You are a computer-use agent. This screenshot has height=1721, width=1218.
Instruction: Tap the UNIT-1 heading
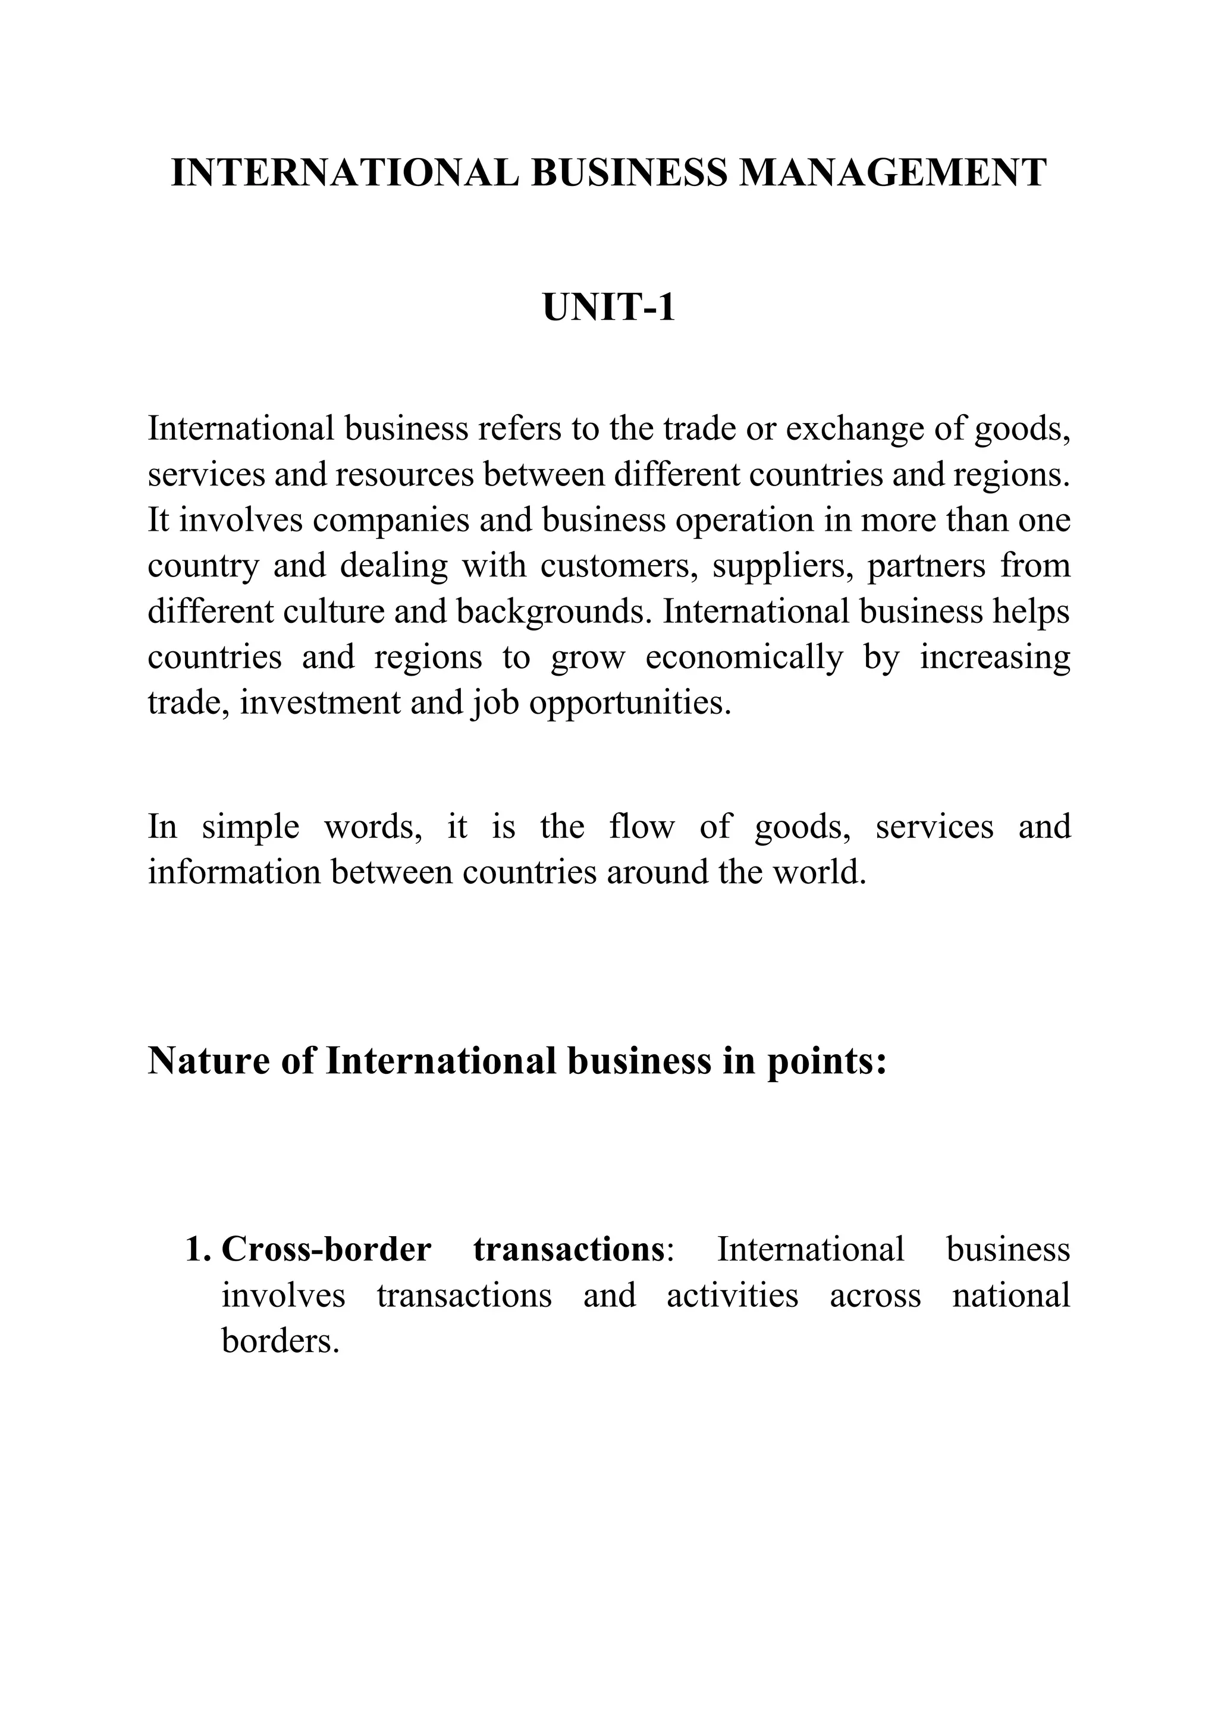608,308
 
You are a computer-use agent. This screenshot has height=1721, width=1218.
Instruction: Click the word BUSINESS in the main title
629,173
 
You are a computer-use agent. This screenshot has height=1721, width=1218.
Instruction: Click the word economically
744,658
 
